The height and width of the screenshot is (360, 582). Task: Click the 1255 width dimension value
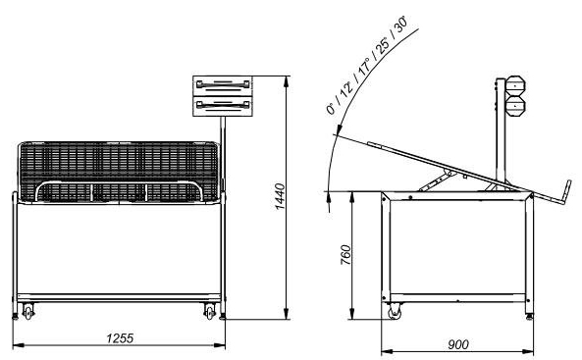120,338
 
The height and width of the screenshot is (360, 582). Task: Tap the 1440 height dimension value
280,197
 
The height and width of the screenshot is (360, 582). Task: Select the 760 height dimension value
345,255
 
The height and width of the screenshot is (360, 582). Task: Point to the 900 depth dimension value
458,344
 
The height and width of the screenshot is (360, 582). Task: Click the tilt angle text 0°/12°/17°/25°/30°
367,65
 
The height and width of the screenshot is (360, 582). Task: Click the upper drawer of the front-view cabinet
223,85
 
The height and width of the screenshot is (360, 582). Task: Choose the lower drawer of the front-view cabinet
223,106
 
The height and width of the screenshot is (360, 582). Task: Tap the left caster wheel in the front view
27,311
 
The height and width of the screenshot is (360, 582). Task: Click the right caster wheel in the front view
210,311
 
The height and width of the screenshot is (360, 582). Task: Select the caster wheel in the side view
395,311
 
